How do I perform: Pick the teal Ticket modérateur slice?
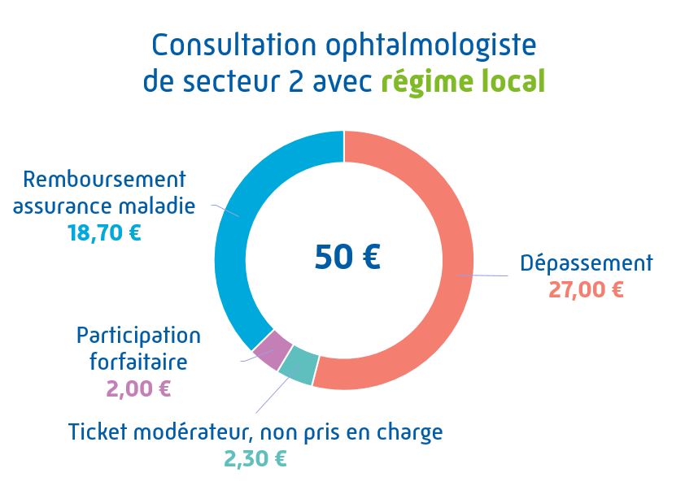point(298,365)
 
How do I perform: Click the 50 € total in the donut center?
point(347,257)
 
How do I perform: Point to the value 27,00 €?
point(586,289)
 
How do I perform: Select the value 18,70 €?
point(103,233)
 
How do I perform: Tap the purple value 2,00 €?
point(138,388)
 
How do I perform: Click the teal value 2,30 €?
point(255,458)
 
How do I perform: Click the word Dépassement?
point(586,263)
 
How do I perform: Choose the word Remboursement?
point(105,179)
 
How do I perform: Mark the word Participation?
point(138,335)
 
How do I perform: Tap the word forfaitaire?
point(138,361)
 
